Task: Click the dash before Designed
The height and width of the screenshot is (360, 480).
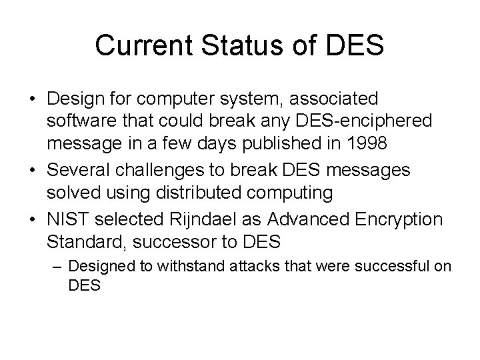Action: coord(58,266)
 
